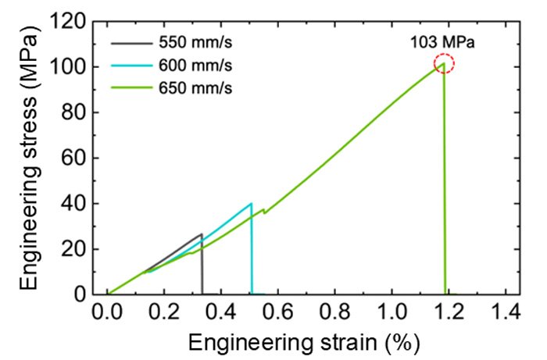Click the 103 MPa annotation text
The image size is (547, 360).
pos(442,43)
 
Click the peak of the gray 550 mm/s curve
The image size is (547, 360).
pos(201,234)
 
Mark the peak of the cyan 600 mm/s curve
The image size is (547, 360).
pos(251,204)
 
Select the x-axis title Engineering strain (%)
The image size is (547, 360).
pos(306,341)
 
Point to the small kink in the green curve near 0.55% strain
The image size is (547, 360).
pos(264,211)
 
